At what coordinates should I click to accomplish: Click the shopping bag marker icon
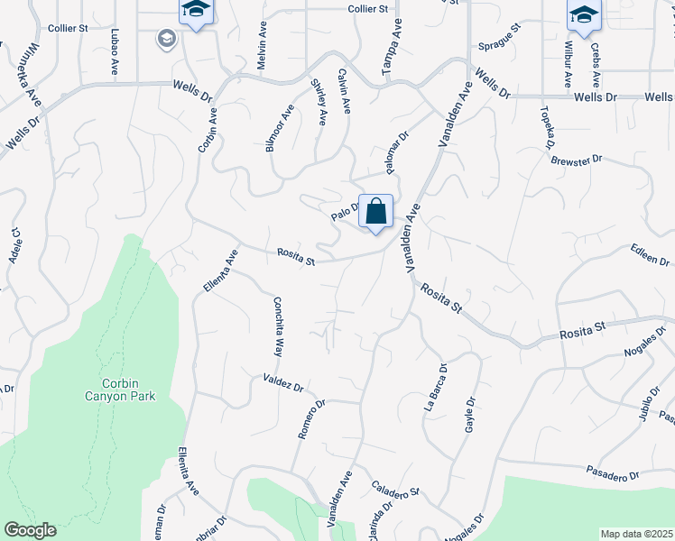376,213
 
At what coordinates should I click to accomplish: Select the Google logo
30,530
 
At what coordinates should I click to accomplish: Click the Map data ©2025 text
635,534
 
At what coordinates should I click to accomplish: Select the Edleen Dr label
649,253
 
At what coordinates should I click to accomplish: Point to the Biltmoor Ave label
281,128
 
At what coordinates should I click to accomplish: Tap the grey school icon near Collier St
167,38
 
